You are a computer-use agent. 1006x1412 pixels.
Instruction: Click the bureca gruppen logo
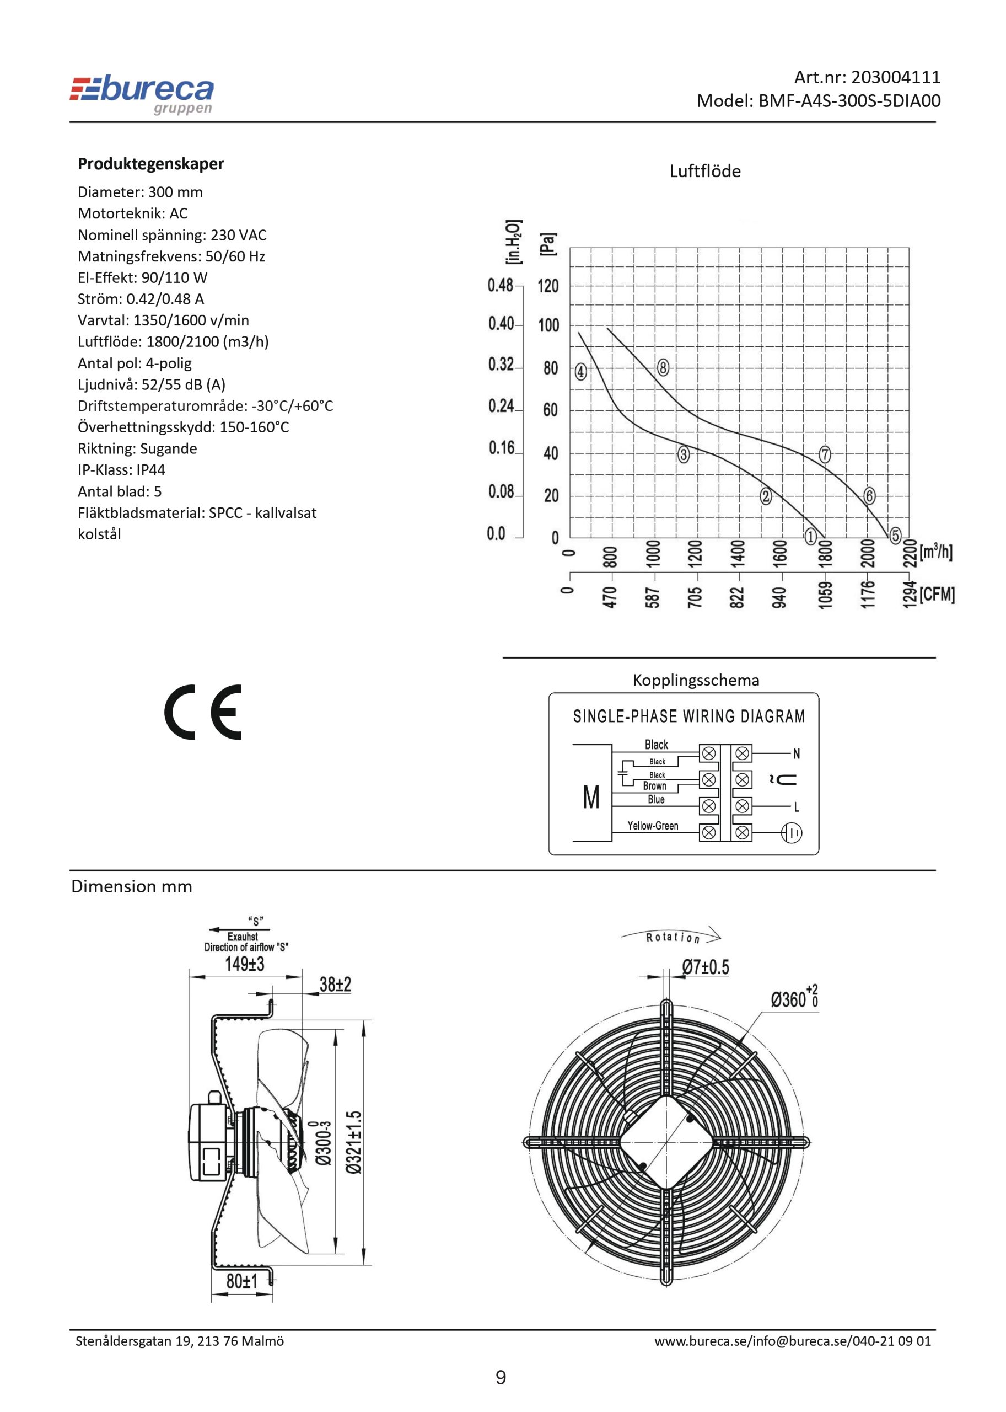pyautogui.click(x=142, y=95)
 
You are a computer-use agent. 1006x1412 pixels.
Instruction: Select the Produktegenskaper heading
pyautogui.click(x=150, y=164)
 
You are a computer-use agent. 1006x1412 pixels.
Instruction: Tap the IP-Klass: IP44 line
pyautogui.click(x=121, y=470)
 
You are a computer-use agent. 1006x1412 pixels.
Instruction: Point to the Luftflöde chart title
pyautogui.click(x=705, y=171)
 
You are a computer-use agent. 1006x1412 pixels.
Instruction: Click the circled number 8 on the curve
pyautogui.click(x=663, y=367)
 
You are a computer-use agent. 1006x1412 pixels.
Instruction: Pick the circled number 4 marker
pyautogui.click(x=580, y=372)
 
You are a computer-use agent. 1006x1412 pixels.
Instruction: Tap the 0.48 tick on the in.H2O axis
pyautogui.click(x=501, y=285)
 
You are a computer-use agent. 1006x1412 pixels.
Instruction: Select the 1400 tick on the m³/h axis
pyautogui.click(x=737, y=552)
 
